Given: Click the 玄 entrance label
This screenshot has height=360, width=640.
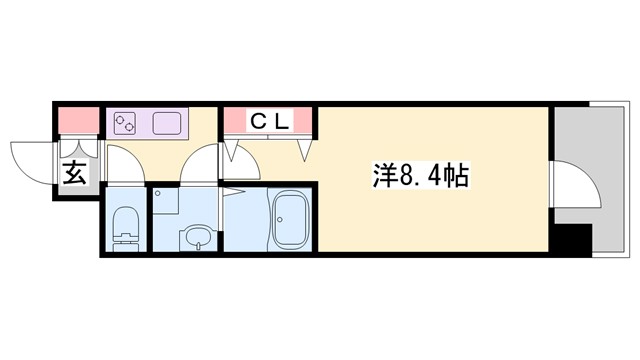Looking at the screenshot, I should click(x=76, y=173).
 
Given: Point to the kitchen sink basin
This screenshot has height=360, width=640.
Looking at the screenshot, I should click(x=166, y=125).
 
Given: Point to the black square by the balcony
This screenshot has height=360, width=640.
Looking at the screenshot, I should click(x=573, y=241).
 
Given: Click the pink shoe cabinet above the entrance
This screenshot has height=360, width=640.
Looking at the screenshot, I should click(x=77, y=122).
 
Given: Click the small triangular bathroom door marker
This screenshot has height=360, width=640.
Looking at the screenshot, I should click(x=229, y=190).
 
